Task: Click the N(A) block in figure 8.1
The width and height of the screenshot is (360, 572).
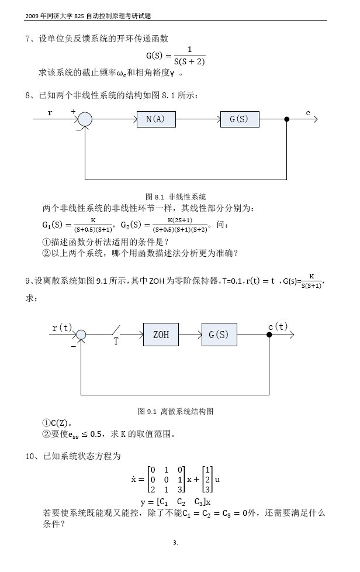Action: pyautogui.click(x=155, y=119)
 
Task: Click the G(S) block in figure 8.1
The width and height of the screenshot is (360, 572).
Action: pyautogui.click(x=239, y=119)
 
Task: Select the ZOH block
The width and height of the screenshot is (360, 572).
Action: pyautogui.click(x=161, y=335)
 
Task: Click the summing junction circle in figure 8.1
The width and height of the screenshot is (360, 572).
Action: pyautogui.click(x=85, y=119)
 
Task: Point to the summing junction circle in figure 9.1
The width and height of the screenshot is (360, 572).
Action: pyautogui.click(x=81, y=335)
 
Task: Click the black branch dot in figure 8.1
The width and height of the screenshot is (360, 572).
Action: pyautogui.click(x=286, y=119)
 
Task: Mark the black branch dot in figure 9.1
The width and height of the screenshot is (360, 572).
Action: pyautogui.click(x=269, y=335)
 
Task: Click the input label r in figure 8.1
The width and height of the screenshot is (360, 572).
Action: pyautogui.click(x=50, y=113)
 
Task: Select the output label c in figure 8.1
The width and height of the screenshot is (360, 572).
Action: pyautogui.click(x=307, y=112)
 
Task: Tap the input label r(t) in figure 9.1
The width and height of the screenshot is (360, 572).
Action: pyautogui.click(x=62, y=328)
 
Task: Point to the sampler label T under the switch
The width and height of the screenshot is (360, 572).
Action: pyautogui.click(x=116, y=343)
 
